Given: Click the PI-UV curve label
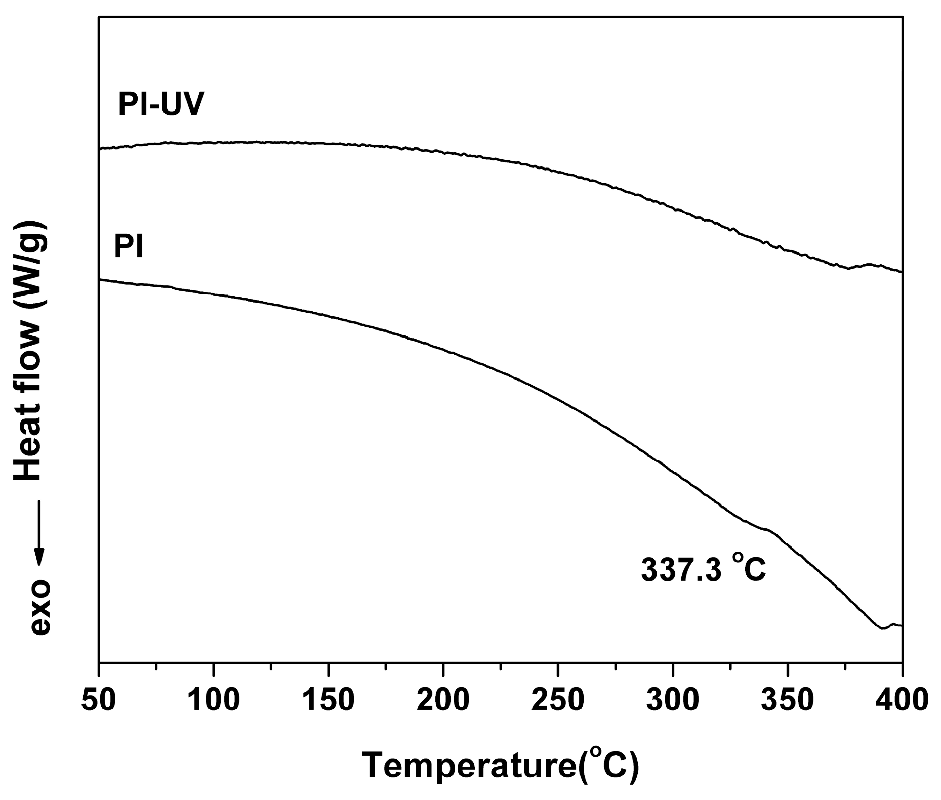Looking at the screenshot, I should coord(161,105).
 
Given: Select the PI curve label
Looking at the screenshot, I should coord(129,247).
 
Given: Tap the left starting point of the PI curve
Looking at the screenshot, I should coord(100,279).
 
